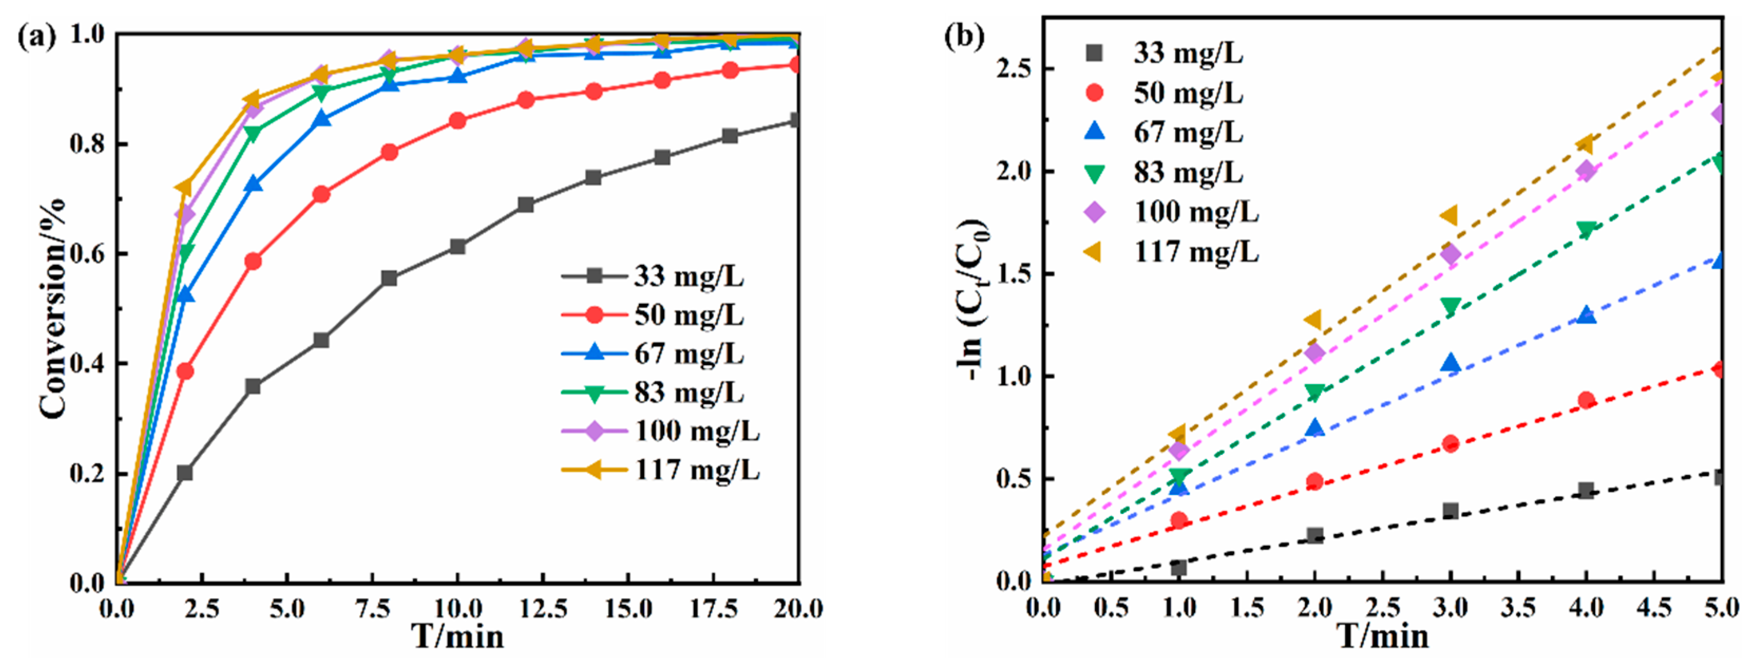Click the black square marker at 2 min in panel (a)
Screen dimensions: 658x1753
[x=184, y=472]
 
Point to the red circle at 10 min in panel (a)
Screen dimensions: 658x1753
[x=458, y=121]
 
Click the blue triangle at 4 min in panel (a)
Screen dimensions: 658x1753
[x=253, y=184]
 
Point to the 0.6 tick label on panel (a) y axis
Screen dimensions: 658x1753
[x=87, y=254]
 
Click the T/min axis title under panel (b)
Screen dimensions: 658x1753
[x=1383, y=636]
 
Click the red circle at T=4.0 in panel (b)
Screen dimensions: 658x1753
[x=1586, y=400]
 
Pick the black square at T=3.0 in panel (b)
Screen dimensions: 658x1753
[x=1450, y=510]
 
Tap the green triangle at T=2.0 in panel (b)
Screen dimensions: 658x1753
[x=1315, y=393]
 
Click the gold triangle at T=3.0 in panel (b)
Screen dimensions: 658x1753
[x=1450, y=216]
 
